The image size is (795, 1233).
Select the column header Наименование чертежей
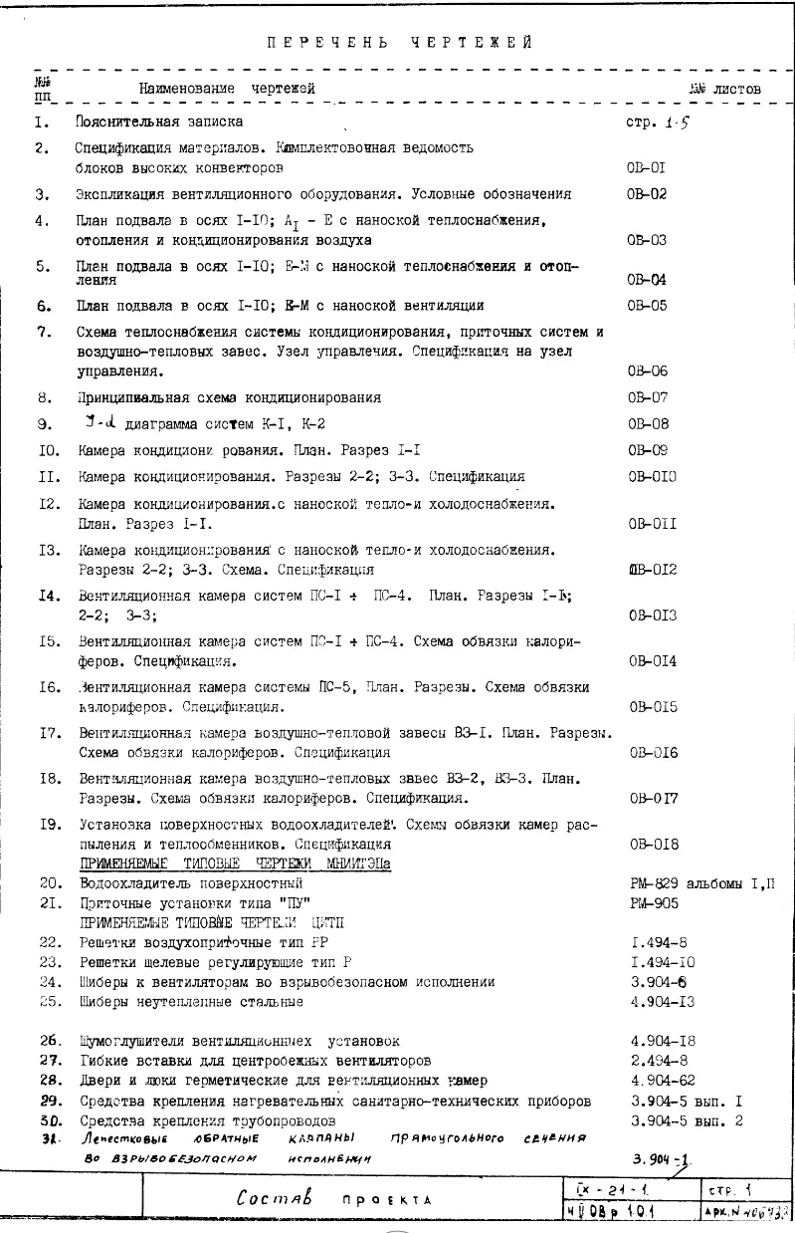tap(227, 90)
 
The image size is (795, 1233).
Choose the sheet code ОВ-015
tap(653, 707)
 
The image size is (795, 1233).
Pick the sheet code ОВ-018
tap(653, 845)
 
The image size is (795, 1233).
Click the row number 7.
tap(44, 332)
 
